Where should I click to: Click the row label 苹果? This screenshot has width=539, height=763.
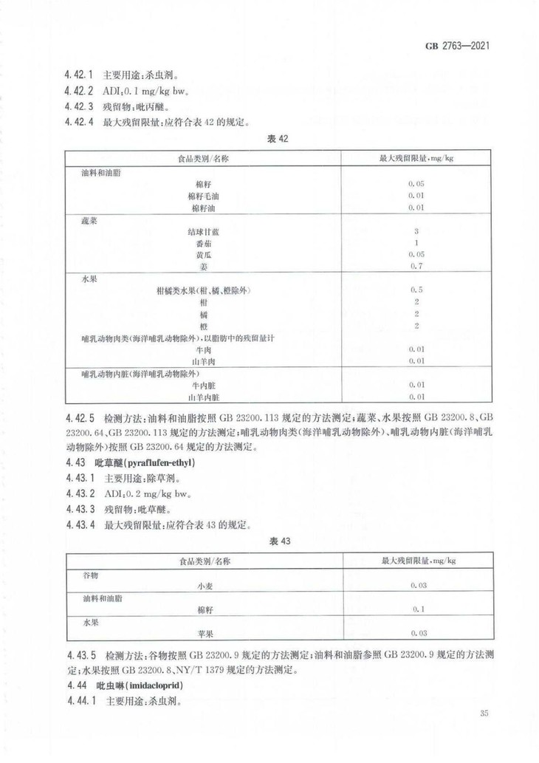click(x=205, y=633)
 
